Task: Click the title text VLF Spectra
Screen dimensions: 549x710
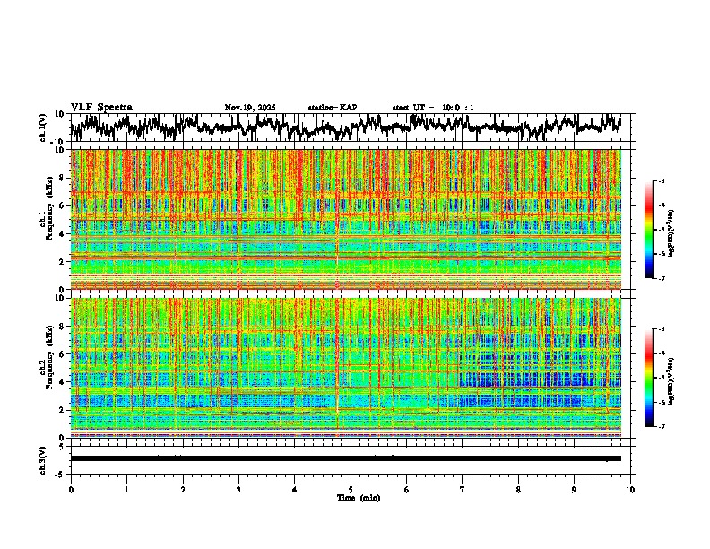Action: pos(101,107)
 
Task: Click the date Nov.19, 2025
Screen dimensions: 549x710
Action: pos(249,108)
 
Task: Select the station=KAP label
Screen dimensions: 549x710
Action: pos(332,108)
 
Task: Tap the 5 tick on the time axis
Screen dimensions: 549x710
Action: pos(351,489)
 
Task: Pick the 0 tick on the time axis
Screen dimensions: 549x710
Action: pos(71,489)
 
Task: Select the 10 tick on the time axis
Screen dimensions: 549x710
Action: pos(630,489)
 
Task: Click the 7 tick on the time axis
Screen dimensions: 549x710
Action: pos(463,489)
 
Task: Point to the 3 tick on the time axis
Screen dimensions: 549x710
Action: pos(238,489)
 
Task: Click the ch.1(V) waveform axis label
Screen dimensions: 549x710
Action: pos(43,127)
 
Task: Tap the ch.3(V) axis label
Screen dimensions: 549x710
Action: pos(43,457)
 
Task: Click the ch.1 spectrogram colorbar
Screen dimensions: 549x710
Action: pos(657,230)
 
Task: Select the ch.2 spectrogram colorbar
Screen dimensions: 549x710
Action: pos(657,378)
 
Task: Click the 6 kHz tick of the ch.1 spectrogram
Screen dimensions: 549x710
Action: pos(63,205)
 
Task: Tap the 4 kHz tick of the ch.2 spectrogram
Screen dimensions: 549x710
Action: pos(63,381)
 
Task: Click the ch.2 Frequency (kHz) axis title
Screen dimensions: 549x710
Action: pos(48,367)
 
